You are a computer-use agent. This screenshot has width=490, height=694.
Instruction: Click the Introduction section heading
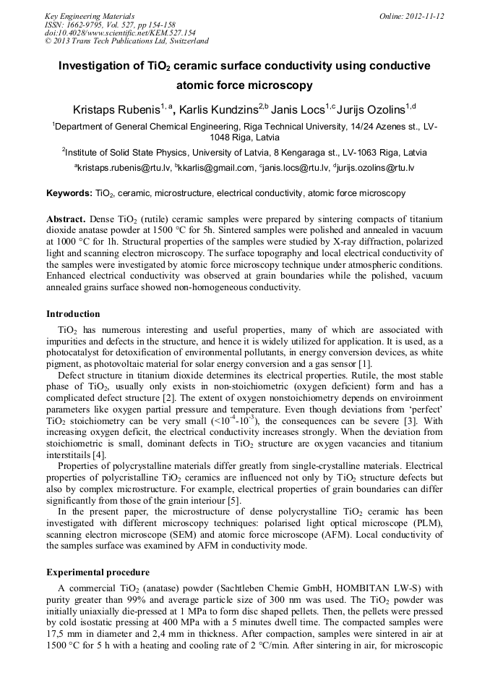[x=73, y=314]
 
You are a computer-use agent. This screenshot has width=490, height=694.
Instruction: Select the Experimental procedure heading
[x=98, y=572]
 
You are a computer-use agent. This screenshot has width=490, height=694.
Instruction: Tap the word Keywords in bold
[x=69, y=193]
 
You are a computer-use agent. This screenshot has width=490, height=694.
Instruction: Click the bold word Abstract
[x=66, y=219]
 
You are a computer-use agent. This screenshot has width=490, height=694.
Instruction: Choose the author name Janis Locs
[x=299, y=110]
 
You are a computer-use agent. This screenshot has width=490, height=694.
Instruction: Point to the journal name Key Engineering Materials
[x=90, y=15]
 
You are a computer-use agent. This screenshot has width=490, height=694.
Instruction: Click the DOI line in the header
[x=120, y=33]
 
